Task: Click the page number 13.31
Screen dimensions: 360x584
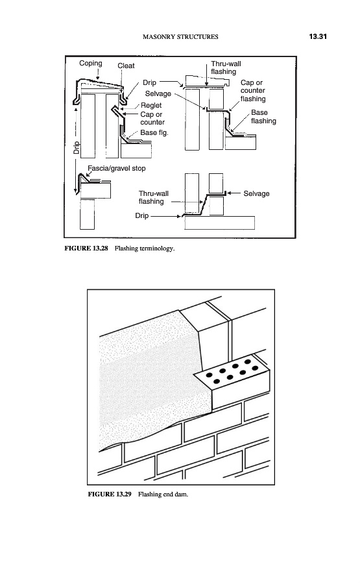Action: [318, 36]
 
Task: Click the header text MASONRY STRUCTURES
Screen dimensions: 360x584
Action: [180, 36]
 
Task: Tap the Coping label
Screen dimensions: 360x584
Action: [90, 64]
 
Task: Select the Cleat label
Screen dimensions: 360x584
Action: [126, 66]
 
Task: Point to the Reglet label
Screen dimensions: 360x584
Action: [151, 105]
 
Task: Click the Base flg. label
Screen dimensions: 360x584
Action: [154, 132]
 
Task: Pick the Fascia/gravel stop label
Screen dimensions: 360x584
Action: [117, 168]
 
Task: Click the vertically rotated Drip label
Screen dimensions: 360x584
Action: [77, 148]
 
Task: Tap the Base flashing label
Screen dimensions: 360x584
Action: [263, 117]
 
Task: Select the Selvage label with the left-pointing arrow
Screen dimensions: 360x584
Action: [256, 193]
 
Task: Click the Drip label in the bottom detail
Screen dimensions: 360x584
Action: [142, 215]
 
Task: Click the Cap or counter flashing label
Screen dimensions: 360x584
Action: [253, 90]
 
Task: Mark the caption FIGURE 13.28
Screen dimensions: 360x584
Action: [86, 249]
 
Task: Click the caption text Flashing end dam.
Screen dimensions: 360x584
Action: [163, 494]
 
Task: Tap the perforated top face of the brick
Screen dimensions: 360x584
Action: [231, 372]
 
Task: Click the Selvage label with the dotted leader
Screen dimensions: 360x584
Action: [158, 94]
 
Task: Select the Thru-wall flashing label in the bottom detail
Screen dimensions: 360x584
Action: [153, 197]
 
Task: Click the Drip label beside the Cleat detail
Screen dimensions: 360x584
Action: [150, 82]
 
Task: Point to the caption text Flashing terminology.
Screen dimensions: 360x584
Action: [145, 249]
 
